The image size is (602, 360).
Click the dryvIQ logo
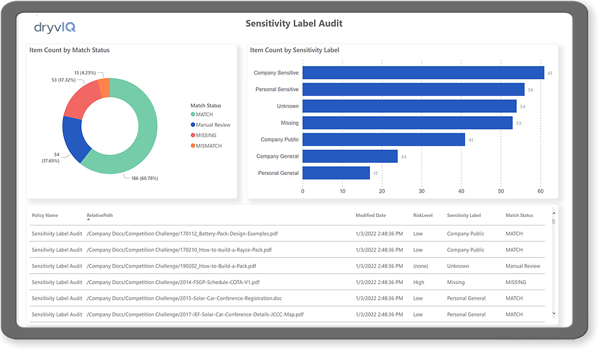click(55, 27)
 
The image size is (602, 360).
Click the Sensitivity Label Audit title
click(294, 24)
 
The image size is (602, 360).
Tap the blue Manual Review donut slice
click(75, 138)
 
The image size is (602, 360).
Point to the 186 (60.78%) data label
click(145, 178)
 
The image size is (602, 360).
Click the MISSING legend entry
click(203, 135)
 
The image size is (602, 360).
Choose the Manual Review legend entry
click(210, 125)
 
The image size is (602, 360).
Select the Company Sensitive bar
click(423, 73)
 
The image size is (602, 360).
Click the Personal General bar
click(336, 173)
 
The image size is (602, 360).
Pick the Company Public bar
click(383, 139)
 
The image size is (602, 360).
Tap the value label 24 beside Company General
click(403, 156)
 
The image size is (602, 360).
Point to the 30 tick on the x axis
click(421, 191)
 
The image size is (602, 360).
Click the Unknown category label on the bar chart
click(288, 106)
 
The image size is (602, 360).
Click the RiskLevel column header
click(423, 215)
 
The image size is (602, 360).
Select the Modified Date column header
click(370, 215)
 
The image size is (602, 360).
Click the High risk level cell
click(418, 282)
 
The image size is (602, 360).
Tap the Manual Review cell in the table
click(523, 266)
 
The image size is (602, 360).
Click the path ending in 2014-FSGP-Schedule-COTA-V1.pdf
click(173, 282)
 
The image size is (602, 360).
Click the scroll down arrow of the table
click(554, 314)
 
